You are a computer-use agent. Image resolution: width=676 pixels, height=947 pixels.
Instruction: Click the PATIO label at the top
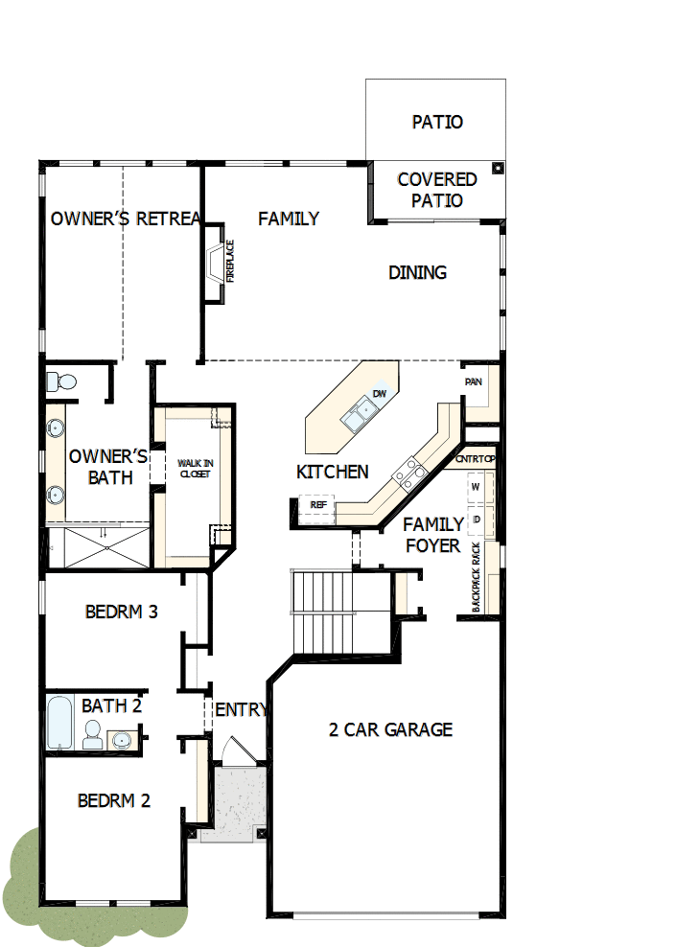[x=437, y=122]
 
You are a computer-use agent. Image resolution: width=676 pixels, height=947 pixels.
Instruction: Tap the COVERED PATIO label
[x=437, y=190]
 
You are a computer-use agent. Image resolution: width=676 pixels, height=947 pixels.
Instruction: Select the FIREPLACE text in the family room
[x=230, y=261]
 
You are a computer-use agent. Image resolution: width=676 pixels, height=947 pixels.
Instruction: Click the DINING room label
[x=417, y=272]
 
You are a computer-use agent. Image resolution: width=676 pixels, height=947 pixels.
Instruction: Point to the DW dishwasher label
[x=380, y=394]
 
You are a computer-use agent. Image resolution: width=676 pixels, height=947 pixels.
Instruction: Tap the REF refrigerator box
[x=316, y=509]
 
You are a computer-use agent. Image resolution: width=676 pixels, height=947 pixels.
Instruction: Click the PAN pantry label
[x=474, y=381]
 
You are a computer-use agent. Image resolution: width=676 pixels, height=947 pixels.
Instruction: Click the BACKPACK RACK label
[x=476, y=577]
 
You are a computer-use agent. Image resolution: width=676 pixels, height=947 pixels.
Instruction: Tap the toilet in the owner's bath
[x=61, y=381]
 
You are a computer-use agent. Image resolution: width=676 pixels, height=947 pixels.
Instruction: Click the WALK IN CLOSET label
[x=195, y=469]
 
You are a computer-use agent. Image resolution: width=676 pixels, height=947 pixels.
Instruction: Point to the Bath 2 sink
[x=122, y=740]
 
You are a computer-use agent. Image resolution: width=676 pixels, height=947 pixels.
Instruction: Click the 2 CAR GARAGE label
[x=390, y=729]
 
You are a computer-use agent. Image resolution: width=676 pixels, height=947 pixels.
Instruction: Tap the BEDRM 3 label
[x=122, y=612]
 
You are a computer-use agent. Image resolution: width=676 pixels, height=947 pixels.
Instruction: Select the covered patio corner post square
[x=498, y=168]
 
